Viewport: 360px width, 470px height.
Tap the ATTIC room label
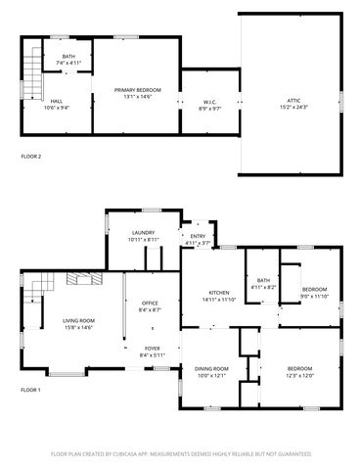tap(293, 100)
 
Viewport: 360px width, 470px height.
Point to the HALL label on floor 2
tap(57, 101)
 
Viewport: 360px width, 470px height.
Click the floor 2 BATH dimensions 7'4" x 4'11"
tap(68, 64)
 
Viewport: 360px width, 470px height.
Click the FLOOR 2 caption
tap(32, 156)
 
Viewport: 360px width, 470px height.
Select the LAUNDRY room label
tap(141, 234)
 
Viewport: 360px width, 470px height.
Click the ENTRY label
tap(198, 236)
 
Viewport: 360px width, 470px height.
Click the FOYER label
tap(152, 348)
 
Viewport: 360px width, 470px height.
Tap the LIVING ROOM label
tap(78, 320)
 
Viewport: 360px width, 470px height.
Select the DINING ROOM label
tap(211, 368)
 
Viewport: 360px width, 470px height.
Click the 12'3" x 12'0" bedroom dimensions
tap(299, 374)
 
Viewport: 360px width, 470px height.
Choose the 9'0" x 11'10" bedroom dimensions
tap(314, 295)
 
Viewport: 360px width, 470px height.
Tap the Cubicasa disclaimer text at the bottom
tap(181, 454)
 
